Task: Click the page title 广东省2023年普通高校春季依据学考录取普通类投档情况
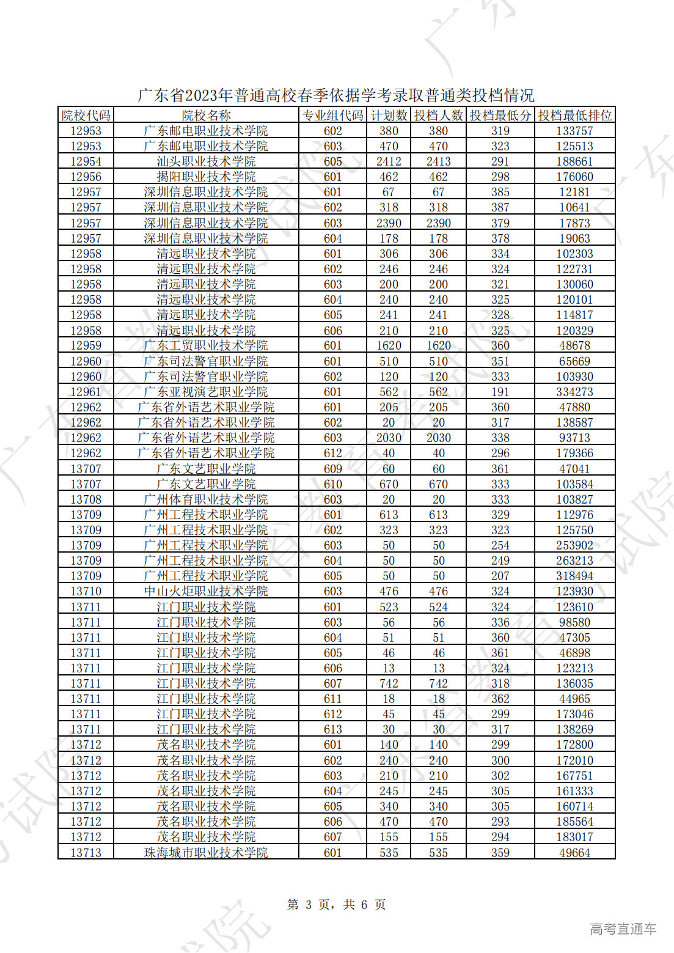(x=336, y=95)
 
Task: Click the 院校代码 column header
(x=86, y=115)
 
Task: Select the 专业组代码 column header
(x=333, y=115)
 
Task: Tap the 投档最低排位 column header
(x=574, y=115)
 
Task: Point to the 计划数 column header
(x=389, y=115)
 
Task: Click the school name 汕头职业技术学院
(x=206, y=161)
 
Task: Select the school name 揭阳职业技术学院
(x=206, y=177)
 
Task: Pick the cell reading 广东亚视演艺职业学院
(x=206, y=392)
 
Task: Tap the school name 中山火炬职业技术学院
(x=206, y=591)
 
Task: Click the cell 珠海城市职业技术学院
(x=206, y=853)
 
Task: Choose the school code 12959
(x=86, y=345)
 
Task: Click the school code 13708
(x=86, y=499)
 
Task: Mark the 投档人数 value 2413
(x=438, y=161)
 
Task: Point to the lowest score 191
(x=500, y=392)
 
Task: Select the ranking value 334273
(x=574, y=392)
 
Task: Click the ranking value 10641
(x=574, y=207)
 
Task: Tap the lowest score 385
(x=500, y=192)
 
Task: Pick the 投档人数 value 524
(x=438, y=607)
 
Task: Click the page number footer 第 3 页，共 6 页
(x=336, y=905)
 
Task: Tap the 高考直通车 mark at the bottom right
(x=623, y=929)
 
